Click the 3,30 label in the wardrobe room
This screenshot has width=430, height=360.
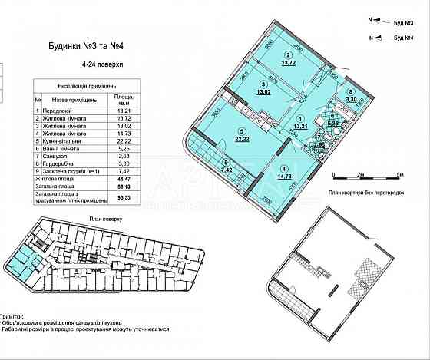click(351, 99)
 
